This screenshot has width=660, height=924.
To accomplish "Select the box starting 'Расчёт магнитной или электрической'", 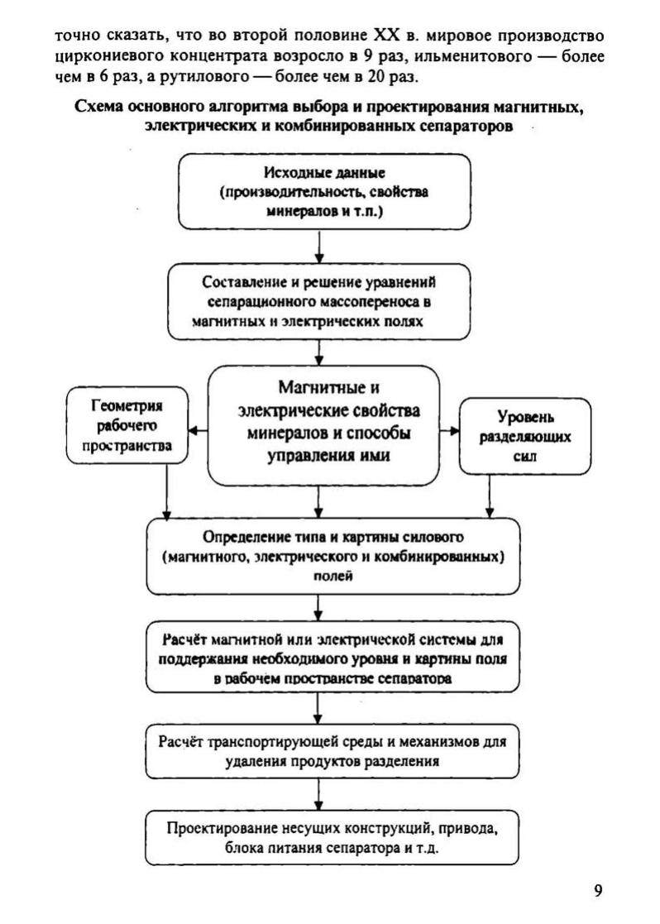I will click(335, 657).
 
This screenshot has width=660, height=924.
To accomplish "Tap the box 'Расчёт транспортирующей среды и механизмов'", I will click(335, 751).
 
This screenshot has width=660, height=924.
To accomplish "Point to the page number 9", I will click(598, 891).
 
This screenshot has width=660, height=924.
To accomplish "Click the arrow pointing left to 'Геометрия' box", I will click(198, 430).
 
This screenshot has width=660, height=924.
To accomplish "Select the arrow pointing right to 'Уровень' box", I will click(449, 430).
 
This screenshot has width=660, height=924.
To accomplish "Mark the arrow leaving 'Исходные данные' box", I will click(318, 247).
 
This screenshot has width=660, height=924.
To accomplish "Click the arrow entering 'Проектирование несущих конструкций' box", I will click(318, 796).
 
